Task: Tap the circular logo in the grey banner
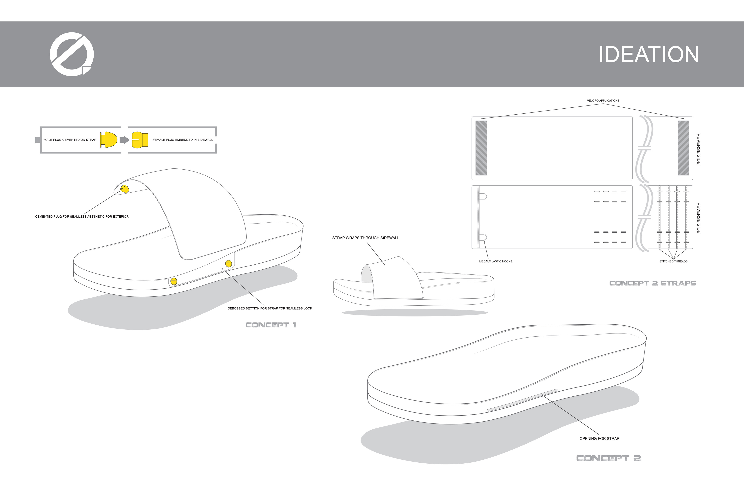[x=71, y=54]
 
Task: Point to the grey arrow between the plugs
[x=124, y=140]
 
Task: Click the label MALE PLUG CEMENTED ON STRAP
[x=70, y=140]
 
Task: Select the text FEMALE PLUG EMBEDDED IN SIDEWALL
[x=183, y=140]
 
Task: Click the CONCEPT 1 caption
[x=270, y=325]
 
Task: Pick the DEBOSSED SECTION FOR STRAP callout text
[x=270, y=308]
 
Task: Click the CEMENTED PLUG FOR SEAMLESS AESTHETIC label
[x=82, y=216]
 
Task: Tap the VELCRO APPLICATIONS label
[x=603, y=101]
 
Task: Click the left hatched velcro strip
[x=481, y=148]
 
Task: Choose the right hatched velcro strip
[x=683, y=148]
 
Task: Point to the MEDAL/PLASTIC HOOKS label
[x=495, y=262]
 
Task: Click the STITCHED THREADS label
[x=673, y=262]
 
